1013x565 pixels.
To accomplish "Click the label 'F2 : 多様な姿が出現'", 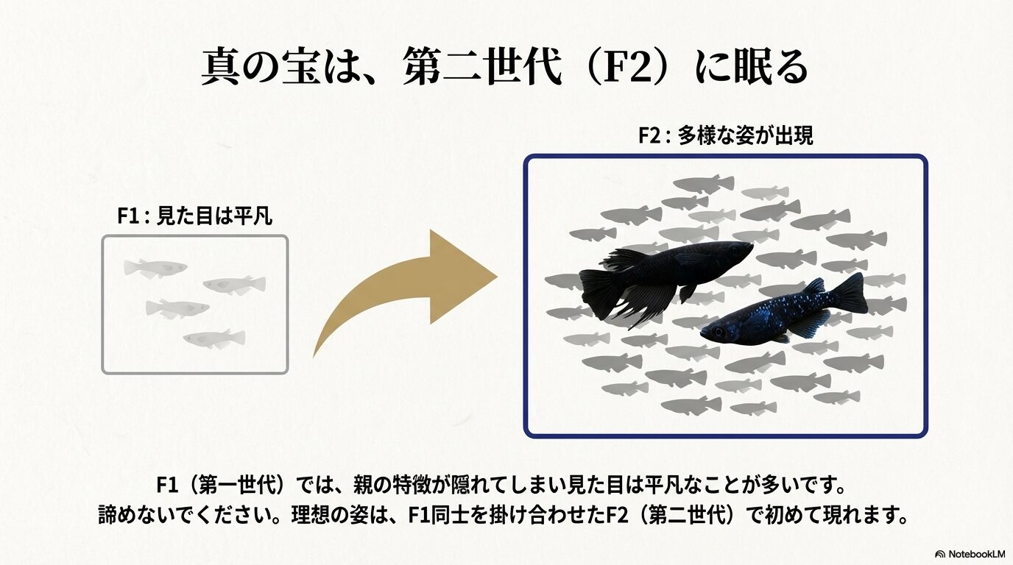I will click(x=725, y=136).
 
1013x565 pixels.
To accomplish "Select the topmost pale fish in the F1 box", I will click(x=155, y=268).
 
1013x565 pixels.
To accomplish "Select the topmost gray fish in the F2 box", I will click(x=703, y=183).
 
